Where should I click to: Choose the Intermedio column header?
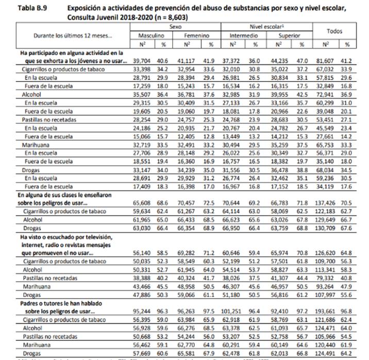[244, 36]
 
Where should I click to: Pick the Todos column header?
[334, 31]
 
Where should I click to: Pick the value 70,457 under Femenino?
[191, 203]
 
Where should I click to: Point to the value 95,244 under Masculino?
[141, 312]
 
